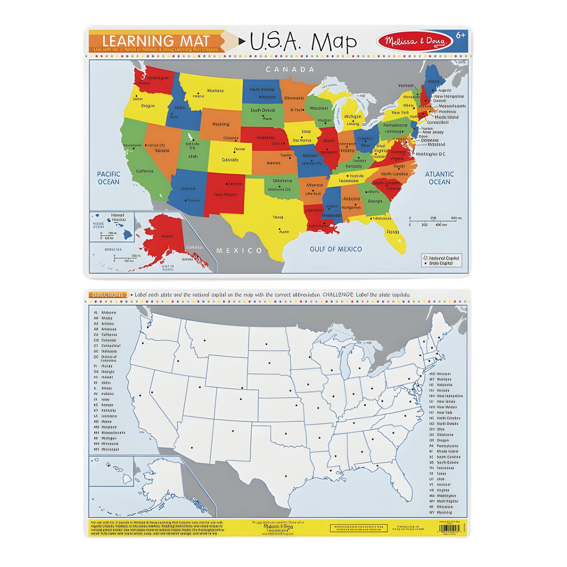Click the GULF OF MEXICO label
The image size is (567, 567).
pos(335,249)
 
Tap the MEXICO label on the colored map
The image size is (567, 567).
pos(239,251)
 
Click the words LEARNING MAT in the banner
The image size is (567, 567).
pos(156,41)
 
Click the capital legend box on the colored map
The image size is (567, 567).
pos(441,260)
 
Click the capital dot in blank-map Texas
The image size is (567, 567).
pos(286,476)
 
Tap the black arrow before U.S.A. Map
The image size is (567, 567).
pos(242,41)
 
